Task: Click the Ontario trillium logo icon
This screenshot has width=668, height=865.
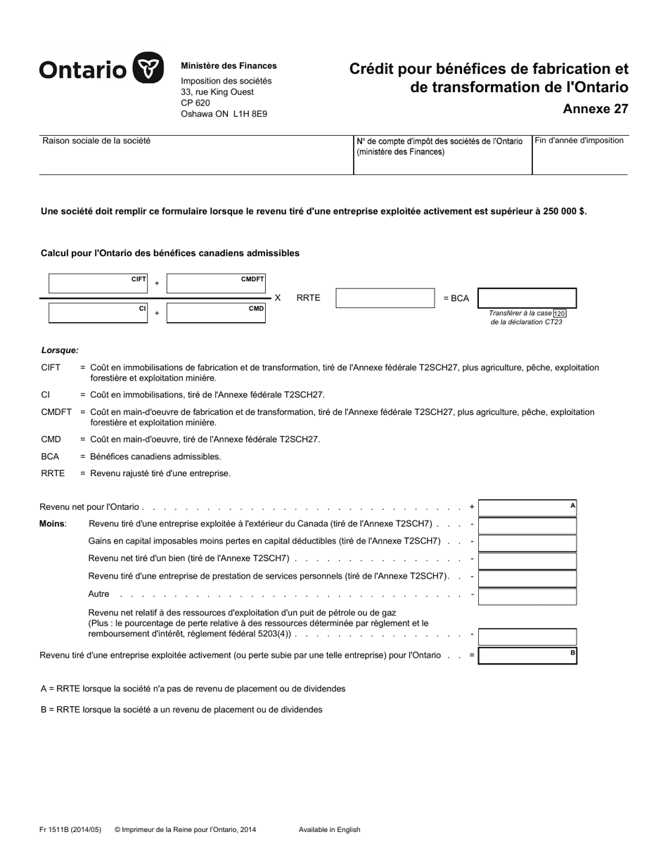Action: tap(148, 69)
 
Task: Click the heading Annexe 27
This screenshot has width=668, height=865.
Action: tap(596, 109)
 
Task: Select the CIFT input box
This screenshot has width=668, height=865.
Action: tap(98, 284)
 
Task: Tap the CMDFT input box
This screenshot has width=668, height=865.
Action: tap(216, 284)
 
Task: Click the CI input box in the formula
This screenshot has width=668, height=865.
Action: tap(98, 313)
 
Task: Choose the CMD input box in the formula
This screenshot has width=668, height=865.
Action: tap(216, 313)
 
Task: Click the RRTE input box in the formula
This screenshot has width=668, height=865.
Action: tap(385, 298)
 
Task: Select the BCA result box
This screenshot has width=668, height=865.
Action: tap(527, 298)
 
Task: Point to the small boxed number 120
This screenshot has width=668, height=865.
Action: tap(559, 313)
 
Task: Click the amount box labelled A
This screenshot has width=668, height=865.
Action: tap(527, 508)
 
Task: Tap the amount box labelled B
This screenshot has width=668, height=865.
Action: tap(527, 656)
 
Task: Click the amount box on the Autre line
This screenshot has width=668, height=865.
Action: tap(527, 596)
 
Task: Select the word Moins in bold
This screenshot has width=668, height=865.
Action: tap(53, 523)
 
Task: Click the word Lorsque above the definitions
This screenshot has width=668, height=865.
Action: tap(60, 350)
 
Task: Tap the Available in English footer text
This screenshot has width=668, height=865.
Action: tap(329, 830)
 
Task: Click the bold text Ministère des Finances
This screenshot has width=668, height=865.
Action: tap(229, 65)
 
